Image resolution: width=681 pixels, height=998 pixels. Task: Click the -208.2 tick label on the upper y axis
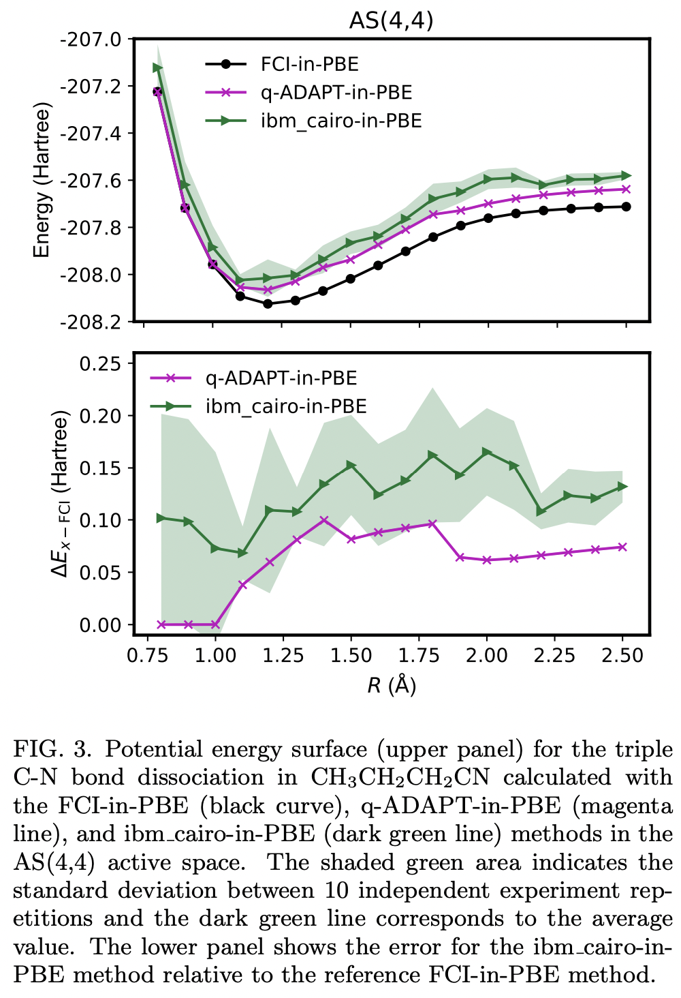click(92, 322)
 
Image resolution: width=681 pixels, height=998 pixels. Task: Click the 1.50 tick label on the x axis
click(351, 656)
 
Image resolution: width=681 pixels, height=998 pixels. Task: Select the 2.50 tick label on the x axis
click(622, 656)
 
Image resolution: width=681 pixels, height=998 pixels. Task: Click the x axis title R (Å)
click(392, 684)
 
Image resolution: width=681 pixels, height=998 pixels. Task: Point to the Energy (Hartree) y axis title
click(42, 181)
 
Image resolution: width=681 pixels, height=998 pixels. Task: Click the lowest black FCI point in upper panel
click(268, 303)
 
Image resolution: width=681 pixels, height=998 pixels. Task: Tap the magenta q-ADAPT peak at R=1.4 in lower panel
click(324, 520)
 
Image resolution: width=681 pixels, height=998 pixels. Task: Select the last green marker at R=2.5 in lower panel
click(622, 487)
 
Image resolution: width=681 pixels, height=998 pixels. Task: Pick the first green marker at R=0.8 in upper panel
click(158, 67)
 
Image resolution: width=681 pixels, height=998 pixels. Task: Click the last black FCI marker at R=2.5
click(626, 207)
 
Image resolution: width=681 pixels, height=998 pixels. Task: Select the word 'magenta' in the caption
click(622, 806)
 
